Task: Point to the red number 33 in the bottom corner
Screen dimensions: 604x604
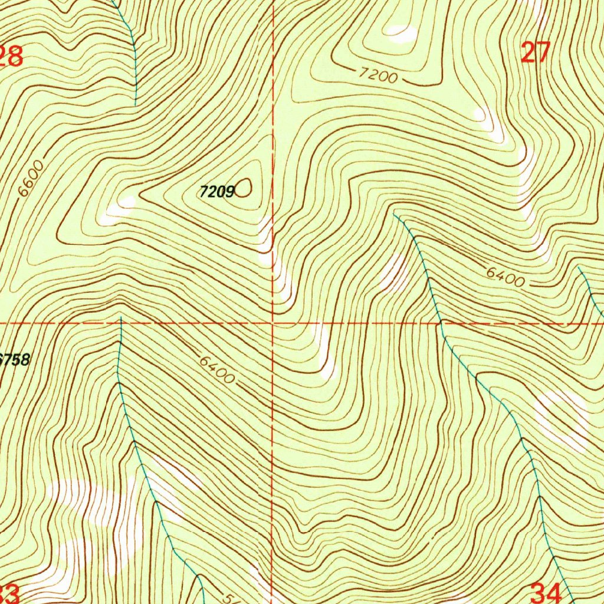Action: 11,593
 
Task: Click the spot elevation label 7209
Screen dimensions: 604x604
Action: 217,191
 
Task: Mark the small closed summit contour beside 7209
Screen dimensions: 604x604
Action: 244,188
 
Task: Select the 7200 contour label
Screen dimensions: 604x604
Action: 378,75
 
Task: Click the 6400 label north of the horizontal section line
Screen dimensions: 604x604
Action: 505,277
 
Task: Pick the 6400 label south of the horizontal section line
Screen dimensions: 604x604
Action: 217,370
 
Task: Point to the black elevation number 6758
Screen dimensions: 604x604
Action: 15,359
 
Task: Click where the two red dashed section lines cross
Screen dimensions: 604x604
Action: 273,323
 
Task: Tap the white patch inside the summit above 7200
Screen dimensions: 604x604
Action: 402,35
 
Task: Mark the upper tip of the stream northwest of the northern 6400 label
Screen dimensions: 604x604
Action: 394,215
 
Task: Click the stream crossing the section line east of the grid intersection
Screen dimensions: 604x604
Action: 440,323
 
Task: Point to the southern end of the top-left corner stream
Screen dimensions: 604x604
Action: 135,104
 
